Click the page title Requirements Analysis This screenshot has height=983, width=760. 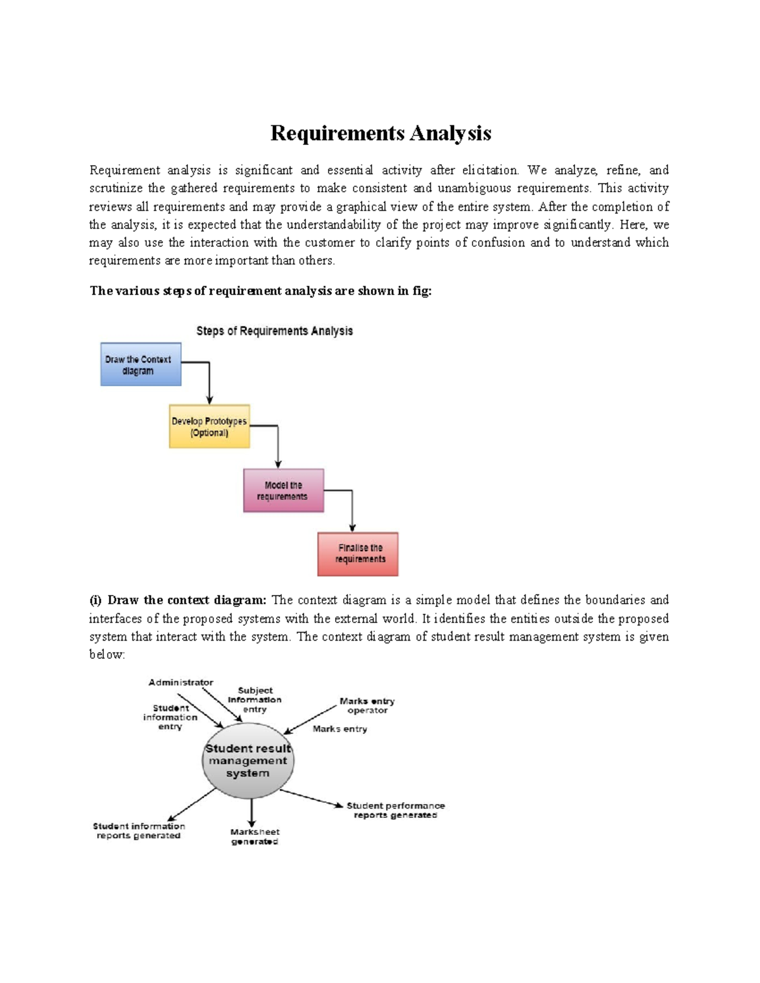[381, 134]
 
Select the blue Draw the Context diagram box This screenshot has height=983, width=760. [141, 365]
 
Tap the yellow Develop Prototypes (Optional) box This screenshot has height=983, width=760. [209, 427]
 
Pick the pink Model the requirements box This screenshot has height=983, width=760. [283, 491]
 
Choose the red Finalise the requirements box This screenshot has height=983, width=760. [358, 554]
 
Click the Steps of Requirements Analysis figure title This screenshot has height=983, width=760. [274, 331]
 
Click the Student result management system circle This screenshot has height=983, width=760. [248, 761]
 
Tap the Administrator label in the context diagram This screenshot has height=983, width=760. [180, 682]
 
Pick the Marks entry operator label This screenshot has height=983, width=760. [367, 706]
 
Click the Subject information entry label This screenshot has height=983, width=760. [255, 700]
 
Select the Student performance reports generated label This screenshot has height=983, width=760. [395, 810]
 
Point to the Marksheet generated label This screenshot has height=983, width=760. [255, 837]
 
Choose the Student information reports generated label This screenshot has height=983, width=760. [139, 830]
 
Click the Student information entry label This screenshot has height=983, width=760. [170, 717]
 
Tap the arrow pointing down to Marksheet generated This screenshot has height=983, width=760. [252, 812]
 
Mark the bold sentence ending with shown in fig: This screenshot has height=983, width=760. [260, 291]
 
